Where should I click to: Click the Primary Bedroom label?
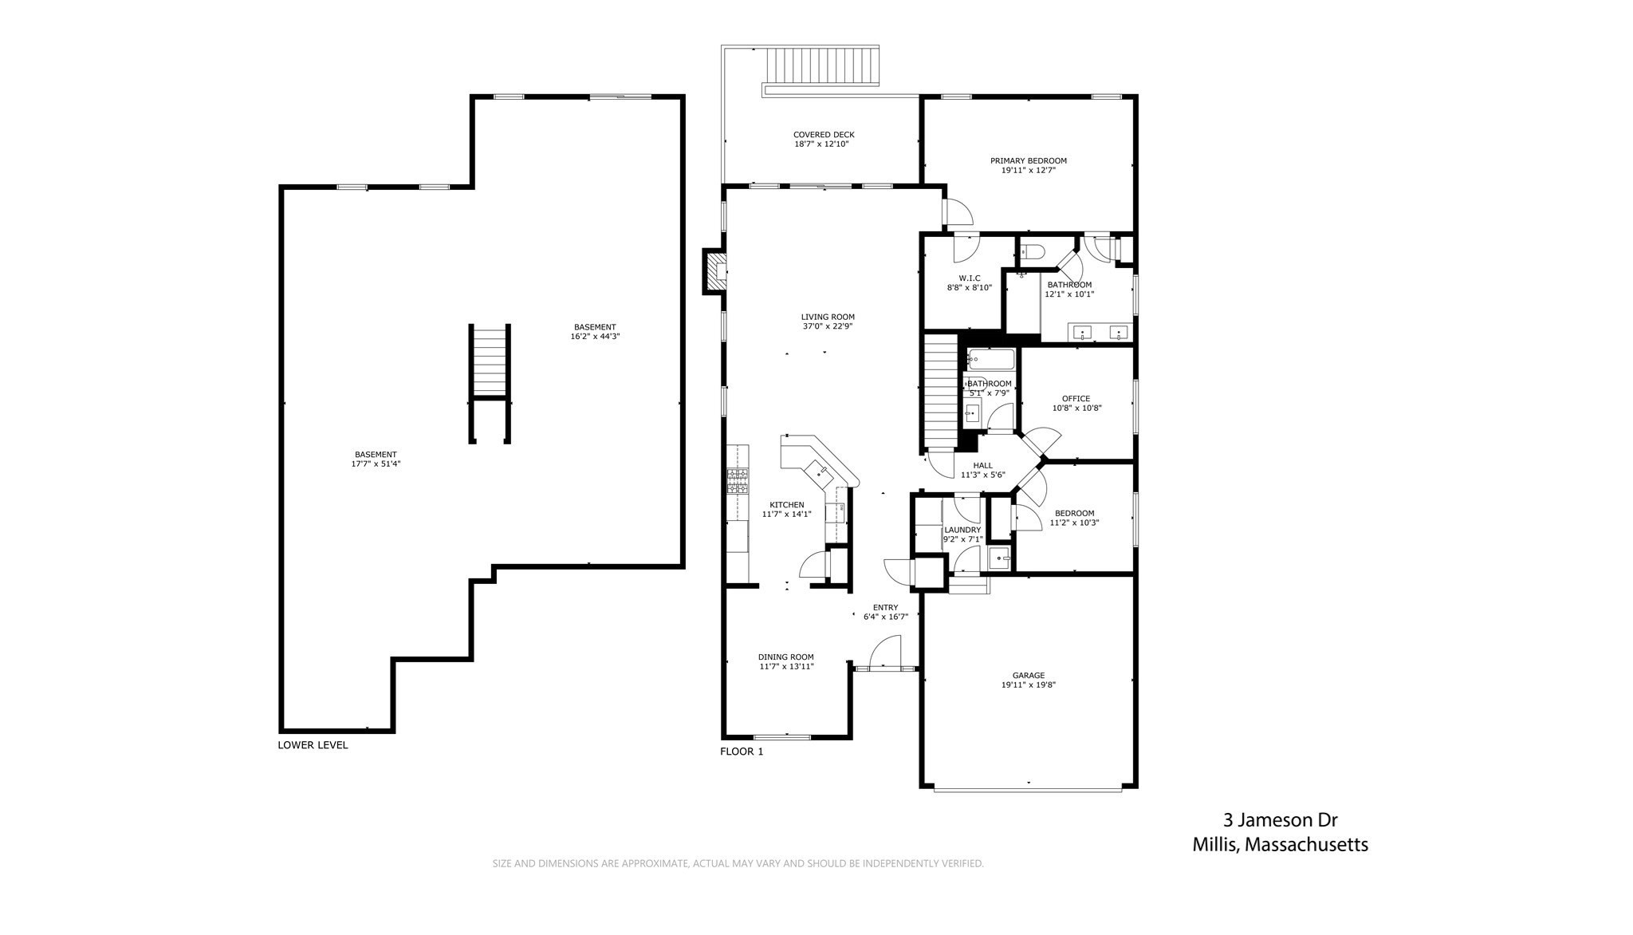(x=1029, y=160)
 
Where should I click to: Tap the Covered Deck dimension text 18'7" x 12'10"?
(x=822, y=144)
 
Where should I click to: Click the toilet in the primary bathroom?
(x=1032, y=253)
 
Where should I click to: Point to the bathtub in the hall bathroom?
(x=991, y=359)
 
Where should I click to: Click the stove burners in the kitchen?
(x=738, y=481)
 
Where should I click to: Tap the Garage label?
(x=1029, y=676)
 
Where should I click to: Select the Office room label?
(x=1076, y=399)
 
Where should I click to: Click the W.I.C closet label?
(x=970, y=278)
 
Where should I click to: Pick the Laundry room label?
(x=962, y=530)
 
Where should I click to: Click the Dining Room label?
(x=786, y=657)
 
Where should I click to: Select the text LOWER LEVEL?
(x=313, y=745)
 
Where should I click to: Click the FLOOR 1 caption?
(x=742, y=752)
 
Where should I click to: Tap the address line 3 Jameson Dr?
(x=1281, y=820)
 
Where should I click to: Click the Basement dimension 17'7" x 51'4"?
(x=376, y=464)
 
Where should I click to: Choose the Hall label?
(x=982, y=466)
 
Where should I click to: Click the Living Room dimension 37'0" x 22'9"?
(x=828, y=326)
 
